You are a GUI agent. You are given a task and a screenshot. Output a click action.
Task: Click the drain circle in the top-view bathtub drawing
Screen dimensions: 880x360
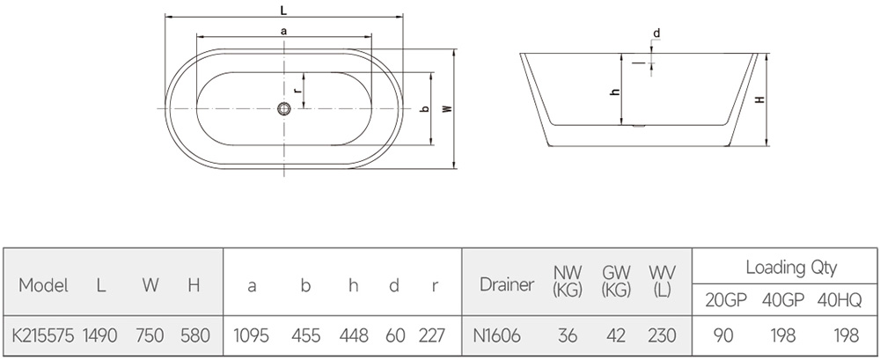[x=284, y=108]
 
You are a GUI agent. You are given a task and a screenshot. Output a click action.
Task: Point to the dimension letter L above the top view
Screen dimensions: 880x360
[x=283, y=9]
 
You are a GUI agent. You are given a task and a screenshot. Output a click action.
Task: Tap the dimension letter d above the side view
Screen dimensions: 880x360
[x=656, y=33]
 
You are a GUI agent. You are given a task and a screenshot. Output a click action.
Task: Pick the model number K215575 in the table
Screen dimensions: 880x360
[x=43, y=336]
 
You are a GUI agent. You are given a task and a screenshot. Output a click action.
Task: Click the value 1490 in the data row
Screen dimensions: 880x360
[x=100, y=336]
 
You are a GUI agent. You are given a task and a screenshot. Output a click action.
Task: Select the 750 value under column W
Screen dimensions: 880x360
[x=150, y=336]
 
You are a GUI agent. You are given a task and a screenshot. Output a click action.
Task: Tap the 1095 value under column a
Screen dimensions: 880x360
[x=251, y=336]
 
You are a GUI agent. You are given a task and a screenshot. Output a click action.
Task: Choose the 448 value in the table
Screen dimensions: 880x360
[x=354, y=336]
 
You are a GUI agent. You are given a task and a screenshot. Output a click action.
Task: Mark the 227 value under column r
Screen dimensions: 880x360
[x=431, y=336]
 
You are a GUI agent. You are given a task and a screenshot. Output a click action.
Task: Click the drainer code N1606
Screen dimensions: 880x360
[x=496, y=336]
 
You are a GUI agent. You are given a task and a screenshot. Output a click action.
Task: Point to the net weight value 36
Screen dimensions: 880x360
[x=568, y=336]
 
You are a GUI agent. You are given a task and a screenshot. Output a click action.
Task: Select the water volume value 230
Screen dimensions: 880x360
[x=662, y=336]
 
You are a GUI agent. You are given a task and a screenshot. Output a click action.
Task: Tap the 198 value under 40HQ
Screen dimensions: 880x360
[x=847, y=336]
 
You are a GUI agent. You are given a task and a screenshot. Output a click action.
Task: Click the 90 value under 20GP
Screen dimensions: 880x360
[x=723, y=336]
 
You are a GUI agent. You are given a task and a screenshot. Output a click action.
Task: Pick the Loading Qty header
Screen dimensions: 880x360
[x=791, y=268]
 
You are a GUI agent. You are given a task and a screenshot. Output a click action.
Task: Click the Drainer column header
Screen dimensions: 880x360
[x=507, y=284]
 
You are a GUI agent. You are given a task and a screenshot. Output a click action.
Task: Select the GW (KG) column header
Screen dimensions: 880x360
[x=616, y=281]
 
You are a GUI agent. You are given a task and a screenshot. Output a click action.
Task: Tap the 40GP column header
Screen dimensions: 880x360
[x=783, y=301]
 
